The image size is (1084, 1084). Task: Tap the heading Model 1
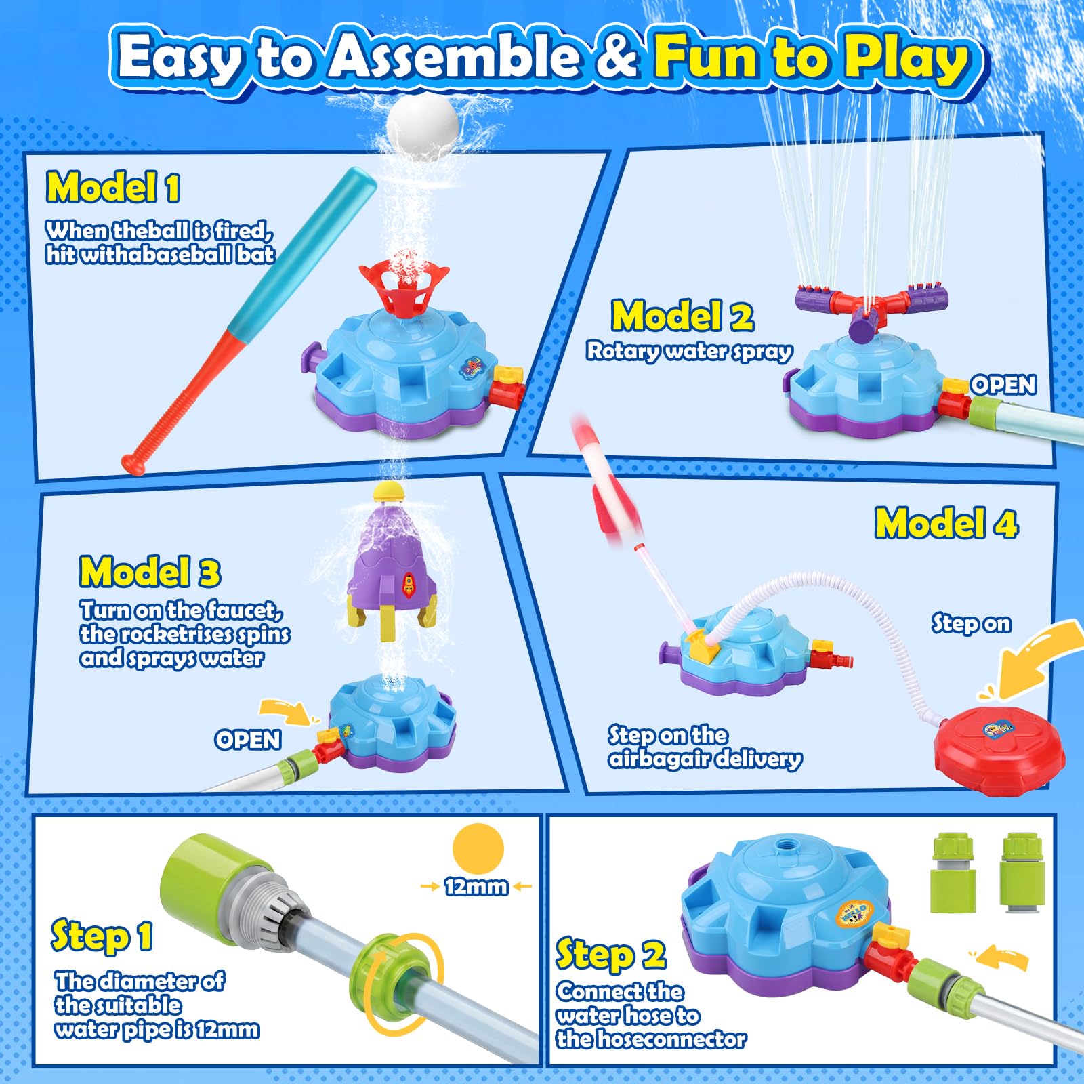(x=113, y=187)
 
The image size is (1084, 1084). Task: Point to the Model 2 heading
(x=682, y=316)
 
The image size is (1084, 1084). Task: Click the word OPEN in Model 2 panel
(x=1003, y=385)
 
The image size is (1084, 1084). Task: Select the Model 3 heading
(x=150, y=571)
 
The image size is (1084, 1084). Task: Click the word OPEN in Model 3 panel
(x=248, y=739)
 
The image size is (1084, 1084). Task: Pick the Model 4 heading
(x=946, y=523)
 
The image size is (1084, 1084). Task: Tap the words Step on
(x=971, y=623)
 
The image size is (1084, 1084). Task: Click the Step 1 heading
(x=102, y=937)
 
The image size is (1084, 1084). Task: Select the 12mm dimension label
(x=476, y=886)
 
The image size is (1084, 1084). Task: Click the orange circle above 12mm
(x=478, y=848)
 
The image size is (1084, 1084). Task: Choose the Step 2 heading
(x=611, y=955)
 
